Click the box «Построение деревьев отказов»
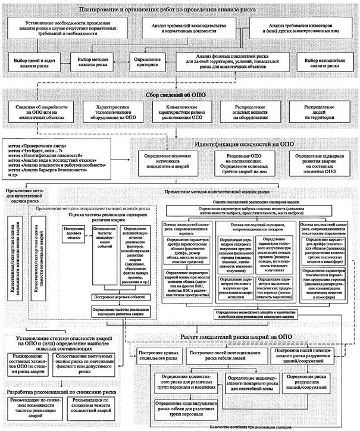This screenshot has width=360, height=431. click(x=71, y=235)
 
